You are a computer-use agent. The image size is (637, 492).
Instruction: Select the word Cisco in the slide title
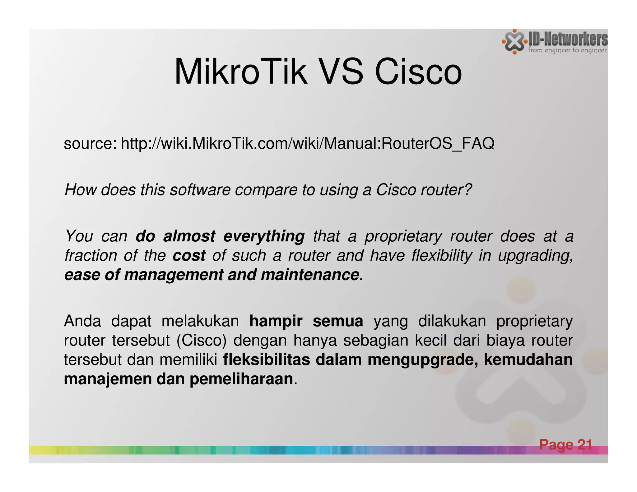coord(418,72)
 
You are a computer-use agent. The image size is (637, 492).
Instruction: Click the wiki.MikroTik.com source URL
coord(307,144)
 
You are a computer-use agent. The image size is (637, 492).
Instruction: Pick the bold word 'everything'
coord(264,236)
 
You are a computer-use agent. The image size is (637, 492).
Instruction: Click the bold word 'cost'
coord(189,256)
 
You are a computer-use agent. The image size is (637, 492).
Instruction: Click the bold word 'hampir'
coord(276,321)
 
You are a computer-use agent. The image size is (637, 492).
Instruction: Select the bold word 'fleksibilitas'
coord(267,360)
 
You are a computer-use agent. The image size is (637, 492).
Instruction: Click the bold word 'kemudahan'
coord(528,360)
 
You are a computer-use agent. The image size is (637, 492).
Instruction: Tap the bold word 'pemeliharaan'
coord(241,379)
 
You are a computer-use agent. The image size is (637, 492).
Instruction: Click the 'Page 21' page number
coord(565,444)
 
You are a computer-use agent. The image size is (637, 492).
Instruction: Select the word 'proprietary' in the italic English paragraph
coord(403,236)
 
